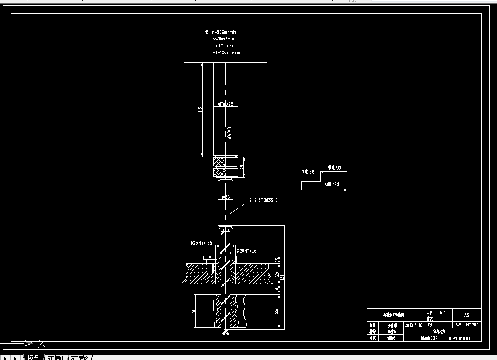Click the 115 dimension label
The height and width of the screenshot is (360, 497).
click(200, 110)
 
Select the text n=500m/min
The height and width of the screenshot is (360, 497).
click(224, 32)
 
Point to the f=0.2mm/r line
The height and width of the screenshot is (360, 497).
click(224, 45)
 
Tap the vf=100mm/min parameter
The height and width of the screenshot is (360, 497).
click(227, 52)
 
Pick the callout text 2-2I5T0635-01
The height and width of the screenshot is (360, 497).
click(265, 200)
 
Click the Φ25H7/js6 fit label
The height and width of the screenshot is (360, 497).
click(201, 242)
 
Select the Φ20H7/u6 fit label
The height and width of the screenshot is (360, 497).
click(247, 250)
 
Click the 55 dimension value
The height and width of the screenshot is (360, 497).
click(277, 312)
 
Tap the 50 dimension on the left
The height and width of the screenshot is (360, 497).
click(194, 311)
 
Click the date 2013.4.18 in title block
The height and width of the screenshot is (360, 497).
click(413, 325)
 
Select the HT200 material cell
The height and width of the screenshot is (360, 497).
click(473, 325)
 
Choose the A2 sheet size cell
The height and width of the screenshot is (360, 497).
click(467, 315)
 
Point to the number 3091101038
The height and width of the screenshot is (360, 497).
click(459, 338)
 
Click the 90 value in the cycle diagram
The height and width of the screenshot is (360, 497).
click(338, 168)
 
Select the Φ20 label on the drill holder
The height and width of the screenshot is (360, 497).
click(225, 197)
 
